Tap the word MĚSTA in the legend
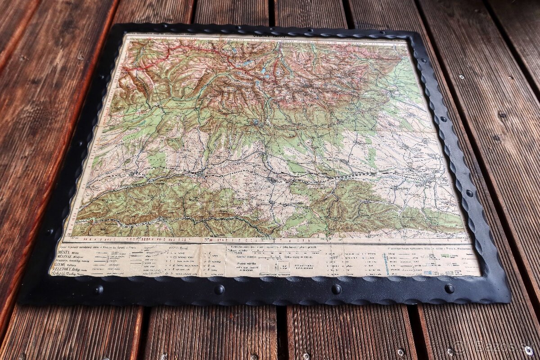(x=65, y=253)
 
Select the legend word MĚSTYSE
(x=64, y=258)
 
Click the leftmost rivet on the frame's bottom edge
(x=98, y=290)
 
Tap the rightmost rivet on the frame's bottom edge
(x=449, y=288)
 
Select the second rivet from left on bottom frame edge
(x=219, y=289)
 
